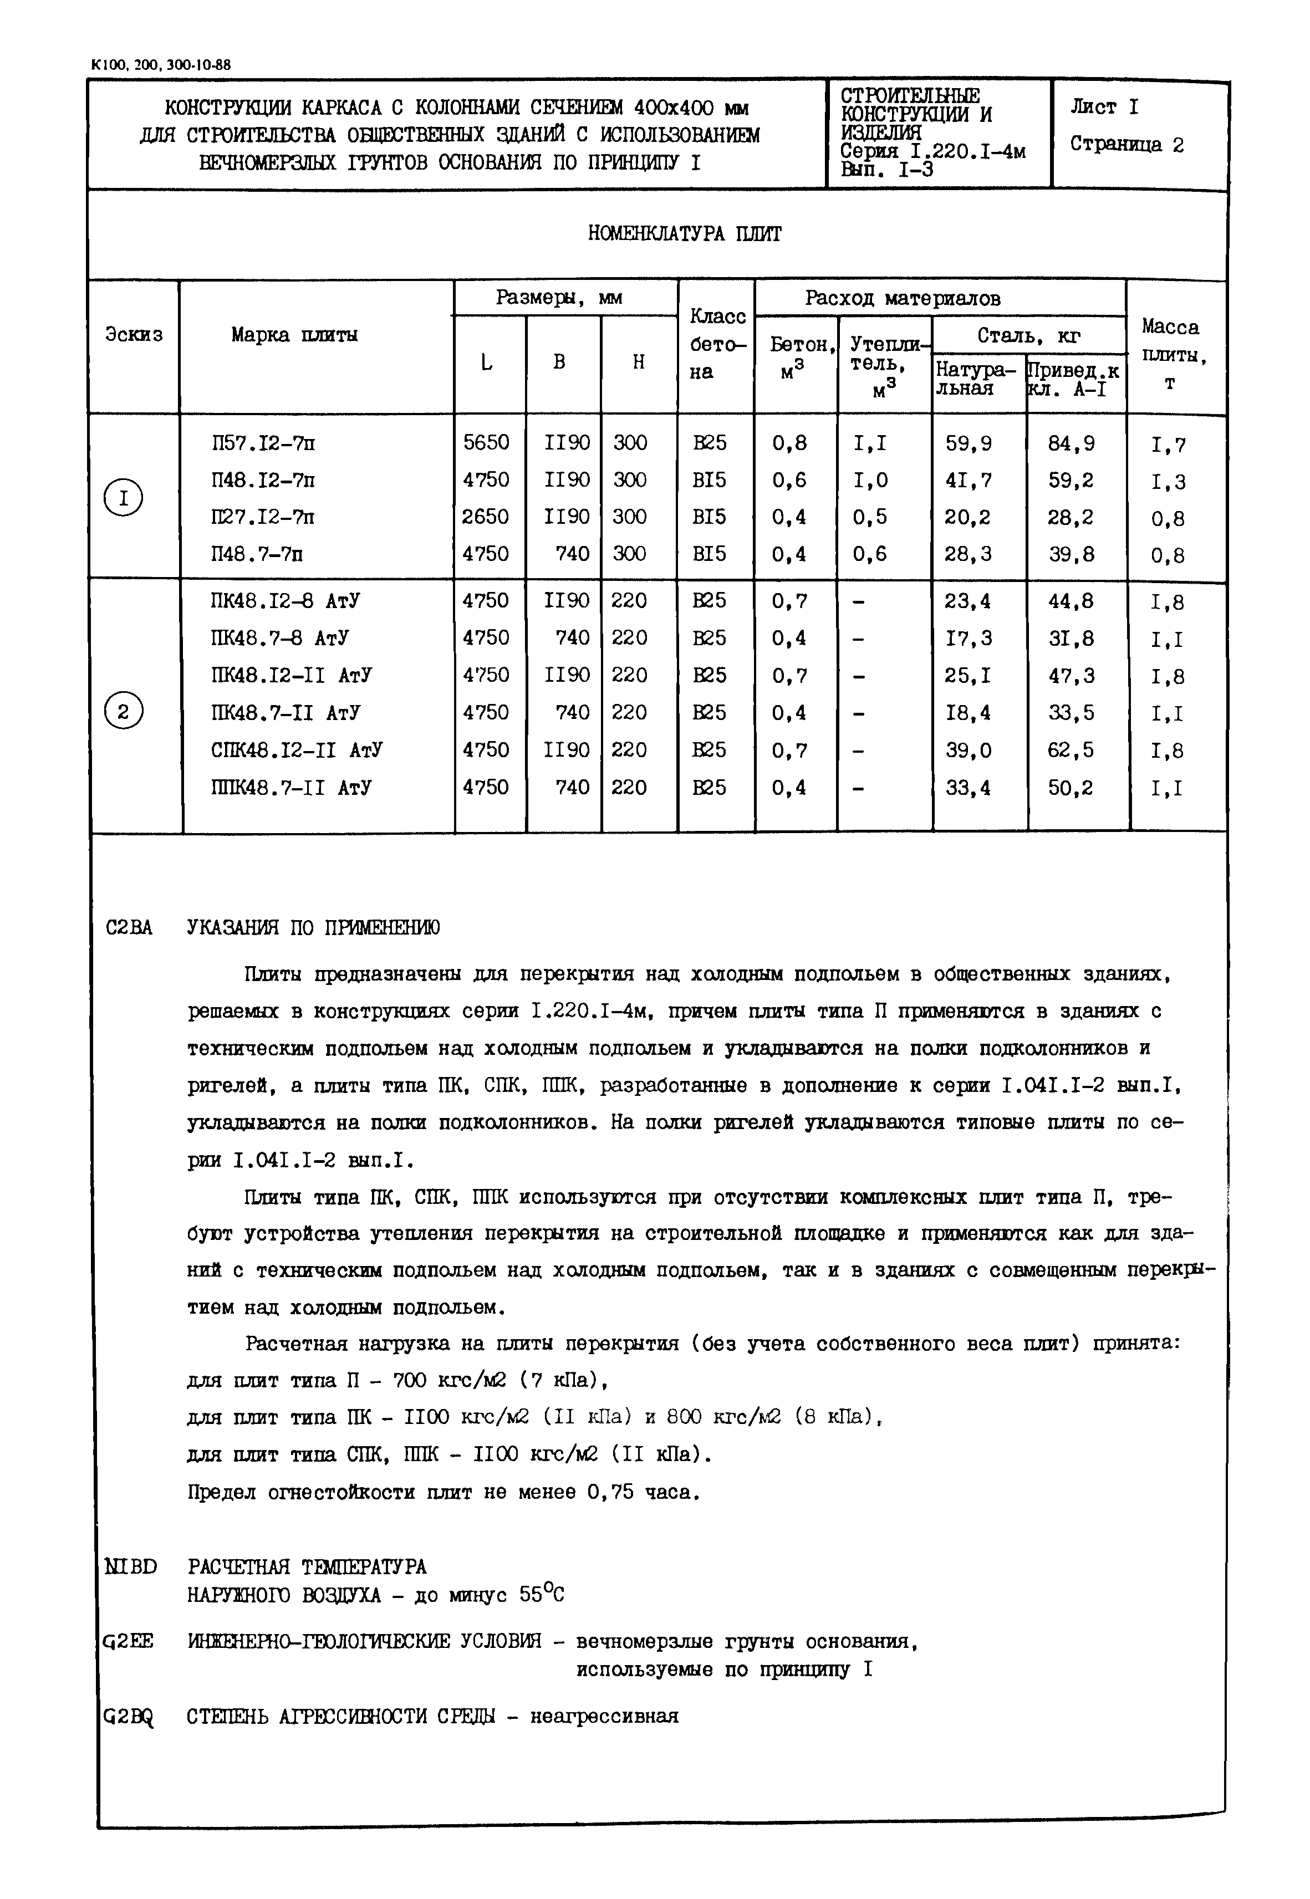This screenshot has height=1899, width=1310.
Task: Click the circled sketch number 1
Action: tap(123, 498)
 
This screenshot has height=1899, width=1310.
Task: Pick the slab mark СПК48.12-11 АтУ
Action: tap(295, 750)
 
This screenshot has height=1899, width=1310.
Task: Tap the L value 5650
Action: tap(486, 443)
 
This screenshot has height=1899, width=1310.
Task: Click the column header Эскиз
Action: tap(134, 335)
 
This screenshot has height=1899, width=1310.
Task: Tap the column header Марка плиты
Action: tap(294, 335)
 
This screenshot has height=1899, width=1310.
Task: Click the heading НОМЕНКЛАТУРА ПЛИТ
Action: tap(685, 234)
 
